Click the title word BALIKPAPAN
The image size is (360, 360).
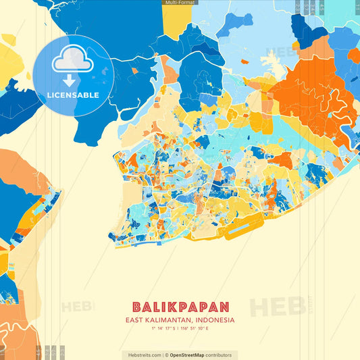click(x=180, y=307)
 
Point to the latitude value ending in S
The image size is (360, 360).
click(x=163, y=328)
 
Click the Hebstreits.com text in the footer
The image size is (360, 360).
click(x=143, y=355)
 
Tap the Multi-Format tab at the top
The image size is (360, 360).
click(x=179, y=3)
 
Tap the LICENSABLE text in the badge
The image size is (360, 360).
click(x=72, y=95)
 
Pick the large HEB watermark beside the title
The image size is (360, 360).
click(x=277, y=307)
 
